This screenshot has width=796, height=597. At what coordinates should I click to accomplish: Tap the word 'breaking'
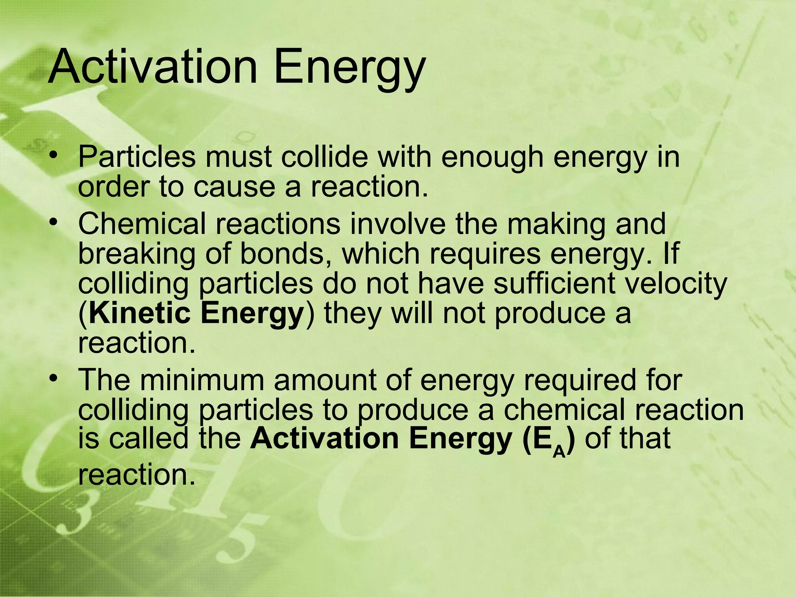136,255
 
